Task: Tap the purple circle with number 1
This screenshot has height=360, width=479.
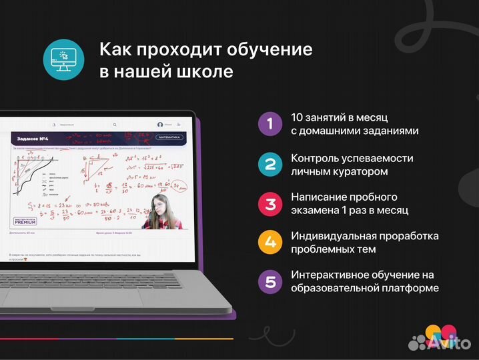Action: click(270, 123)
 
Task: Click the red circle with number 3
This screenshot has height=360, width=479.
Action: click(270, 203)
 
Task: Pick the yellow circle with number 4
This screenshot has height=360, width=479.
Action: click(270, 243)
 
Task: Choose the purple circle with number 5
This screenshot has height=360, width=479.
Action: click(270, 281)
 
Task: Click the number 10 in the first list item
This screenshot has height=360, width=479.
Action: click(298, 117)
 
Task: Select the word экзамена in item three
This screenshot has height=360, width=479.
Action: click(318, 211)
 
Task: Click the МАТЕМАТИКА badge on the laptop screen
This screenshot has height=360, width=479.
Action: click(169, 137)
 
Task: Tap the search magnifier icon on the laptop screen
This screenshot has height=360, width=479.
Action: click(115, 125)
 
